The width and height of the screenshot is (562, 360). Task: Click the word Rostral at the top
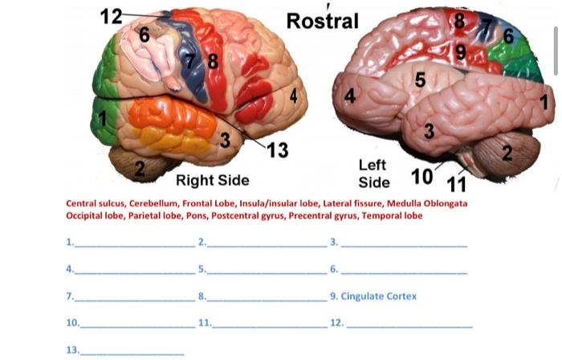(x=322, y=21)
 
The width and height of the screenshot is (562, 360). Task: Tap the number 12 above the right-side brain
(x=111, y=15)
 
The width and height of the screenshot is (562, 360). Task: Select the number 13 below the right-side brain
(x=277, y=150)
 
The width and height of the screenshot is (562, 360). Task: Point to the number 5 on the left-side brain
(x=420, y=80)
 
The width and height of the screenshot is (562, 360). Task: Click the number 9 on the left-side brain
(x=459, y=52)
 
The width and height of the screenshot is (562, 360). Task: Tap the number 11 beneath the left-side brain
(x=456, y=184)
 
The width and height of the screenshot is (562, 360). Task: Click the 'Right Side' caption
(x=212, y=179)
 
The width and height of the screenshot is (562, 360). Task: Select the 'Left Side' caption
(x=373, y=173)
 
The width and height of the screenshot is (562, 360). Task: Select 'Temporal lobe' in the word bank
(x=392, y=215)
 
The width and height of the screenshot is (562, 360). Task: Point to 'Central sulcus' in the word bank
(x=95, y=203)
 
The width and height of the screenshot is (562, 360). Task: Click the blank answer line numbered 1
(x=132, y=243)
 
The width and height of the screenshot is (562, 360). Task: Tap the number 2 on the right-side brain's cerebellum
(x=140, y=169)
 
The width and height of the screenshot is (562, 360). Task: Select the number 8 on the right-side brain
(x=213, y=60)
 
